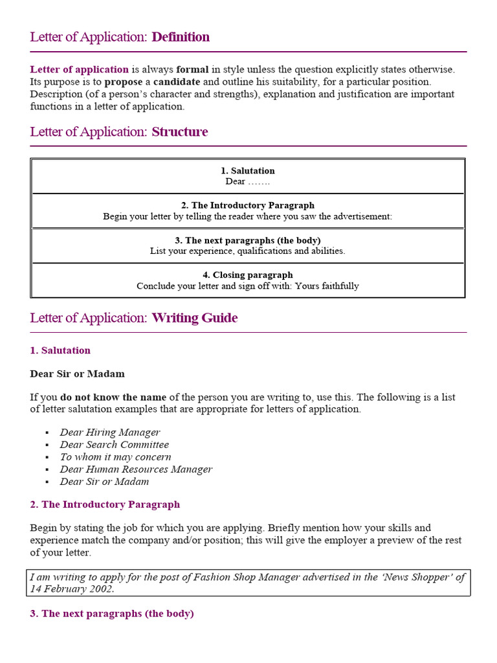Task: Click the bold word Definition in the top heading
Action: pos(181,37)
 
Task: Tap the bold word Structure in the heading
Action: pos(180,132)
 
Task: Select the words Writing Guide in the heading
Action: pos(195,318)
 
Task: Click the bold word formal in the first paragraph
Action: pos(192,69)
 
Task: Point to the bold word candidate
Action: pos(177,82)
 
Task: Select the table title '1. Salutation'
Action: pos(247,171)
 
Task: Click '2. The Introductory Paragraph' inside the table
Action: pos(247,205)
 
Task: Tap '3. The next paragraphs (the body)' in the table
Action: pos(247,240)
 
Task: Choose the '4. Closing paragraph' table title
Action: pos(247,275)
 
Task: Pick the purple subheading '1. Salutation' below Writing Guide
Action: pos(60,350)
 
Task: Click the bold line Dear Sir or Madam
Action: pos(77,374)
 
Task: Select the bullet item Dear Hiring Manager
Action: pos(110,433)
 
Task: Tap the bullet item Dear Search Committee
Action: pos(115,445)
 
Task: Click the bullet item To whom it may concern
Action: pos(116,457)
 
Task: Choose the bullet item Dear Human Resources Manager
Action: pos(136,469)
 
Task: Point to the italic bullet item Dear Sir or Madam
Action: pos(104,482)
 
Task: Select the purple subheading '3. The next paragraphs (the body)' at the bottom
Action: pos(112,613)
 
